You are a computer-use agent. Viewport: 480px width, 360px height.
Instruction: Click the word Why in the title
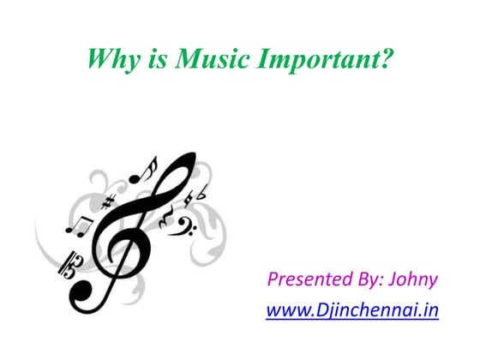click(x=110, y=59)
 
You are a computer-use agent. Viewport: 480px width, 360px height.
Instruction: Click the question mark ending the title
click(x=387, y=59)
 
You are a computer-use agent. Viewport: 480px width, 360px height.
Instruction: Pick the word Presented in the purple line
click(x=309, y=279)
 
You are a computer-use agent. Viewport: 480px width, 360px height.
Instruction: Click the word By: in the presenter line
click(x=369, y=280)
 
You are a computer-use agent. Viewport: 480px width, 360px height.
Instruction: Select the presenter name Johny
click(x=414, y=280)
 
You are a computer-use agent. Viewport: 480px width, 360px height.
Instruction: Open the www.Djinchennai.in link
click(x=352, y=309)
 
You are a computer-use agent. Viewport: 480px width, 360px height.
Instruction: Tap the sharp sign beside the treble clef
click(x=108, y=203)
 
